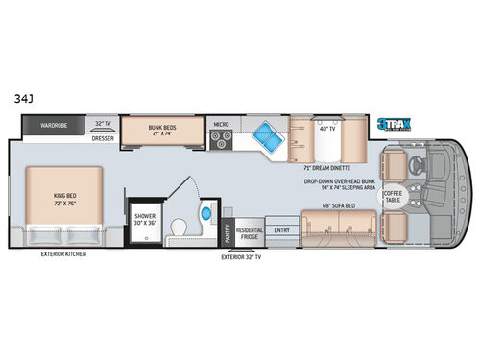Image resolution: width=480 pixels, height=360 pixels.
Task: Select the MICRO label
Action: click(222, 124)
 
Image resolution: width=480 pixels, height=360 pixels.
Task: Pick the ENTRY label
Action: click(281, 230)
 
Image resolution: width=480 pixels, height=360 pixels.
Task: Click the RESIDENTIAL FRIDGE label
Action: click(250, 233)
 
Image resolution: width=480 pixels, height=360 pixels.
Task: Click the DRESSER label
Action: click(103, 137)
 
